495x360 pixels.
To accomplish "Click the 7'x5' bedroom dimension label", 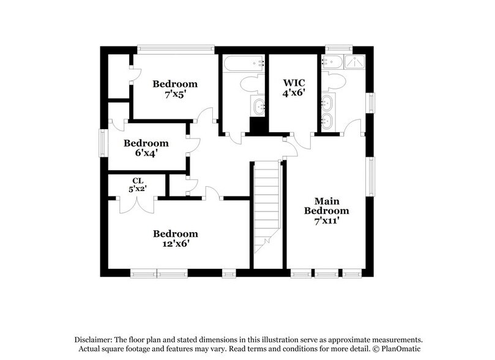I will coord(175,96).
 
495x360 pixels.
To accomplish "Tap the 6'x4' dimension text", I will coord(146,154).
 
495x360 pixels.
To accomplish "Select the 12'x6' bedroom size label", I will coord(175,244).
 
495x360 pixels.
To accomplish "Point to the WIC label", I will coord(293,82).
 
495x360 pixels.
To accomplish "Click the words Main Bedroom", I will coord(322,206).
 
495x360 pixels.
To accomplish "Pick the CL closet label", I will coord(137,181).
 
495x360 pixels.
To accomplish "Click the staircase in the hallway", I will coord(267,208).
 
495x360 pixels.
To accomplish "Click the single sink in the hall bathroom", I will coord(259,107).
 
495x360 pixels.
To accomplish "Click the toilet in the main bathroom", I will coord(335,80).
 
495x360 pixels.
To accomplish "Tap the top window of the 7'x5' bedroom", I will coord(175,47).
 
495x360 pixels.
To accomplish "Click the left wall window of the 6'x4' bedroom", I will coord(104,143).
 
